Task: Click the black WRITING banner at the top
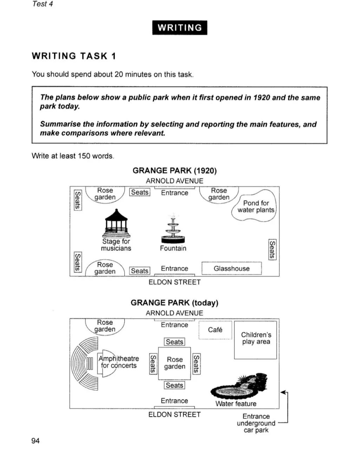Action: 179,28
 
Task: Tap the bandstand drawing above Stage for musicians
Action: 116,224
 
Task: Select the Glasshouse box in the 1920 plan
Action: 231,268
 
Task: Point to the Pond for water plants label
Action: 256,206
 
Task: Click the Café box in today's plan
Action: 215,330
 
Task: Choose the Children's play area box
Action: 256,339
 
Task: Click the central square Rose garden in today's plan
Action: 175,363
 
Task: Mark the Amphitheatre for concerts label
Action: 119,362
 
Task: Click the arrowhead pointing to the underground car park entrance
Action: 283,392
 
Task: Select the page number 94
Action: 35,441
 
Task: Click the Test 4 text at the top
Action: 42,4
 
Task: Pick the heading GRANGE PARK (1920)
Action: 175,171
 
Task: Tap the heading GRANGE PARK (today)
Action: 174,303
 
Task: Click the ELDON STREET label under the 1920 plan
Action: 175,282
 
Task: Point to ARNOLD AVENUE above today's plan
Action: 175,313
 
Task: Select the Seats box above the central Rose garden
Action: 175,342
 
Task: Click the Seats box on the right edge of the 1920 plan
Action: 272,250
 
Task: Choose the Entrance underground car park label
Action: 256,423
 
